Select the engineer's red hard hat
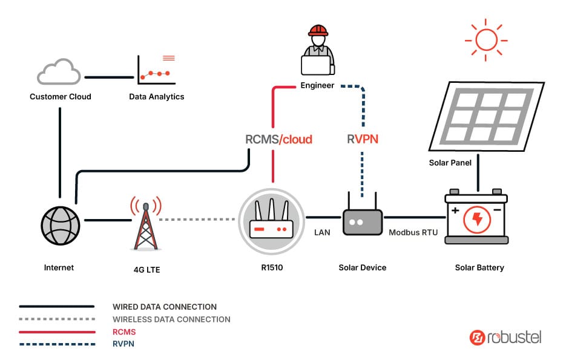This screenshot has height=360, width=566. pyautogui.click(x=317, y=31)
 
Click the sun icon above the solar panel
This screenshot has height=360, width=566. pyautogui.click(x=485, y=39)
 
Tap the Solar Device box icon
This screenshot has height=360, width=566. pyautogui.click(x=363, y=221)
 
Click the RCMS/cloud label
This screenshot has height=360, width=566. pyautogui.click(x=278, y=140)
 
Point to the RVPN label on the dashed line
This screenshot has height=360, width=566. pyautogui.click(x=363, y=140)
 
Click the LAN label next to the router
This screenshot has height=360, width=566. pyautogui.click(x=322, y=232)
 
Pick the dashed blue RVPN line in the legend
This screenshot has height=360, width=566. pyautogui.click(x=57, y=344)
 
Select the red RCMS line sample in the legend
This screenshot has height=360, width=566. pyautogui.click(x=57, y=332)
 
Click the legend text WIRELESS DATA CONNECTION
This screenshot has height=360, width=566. pyautogui.click(x=171, y=319)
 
